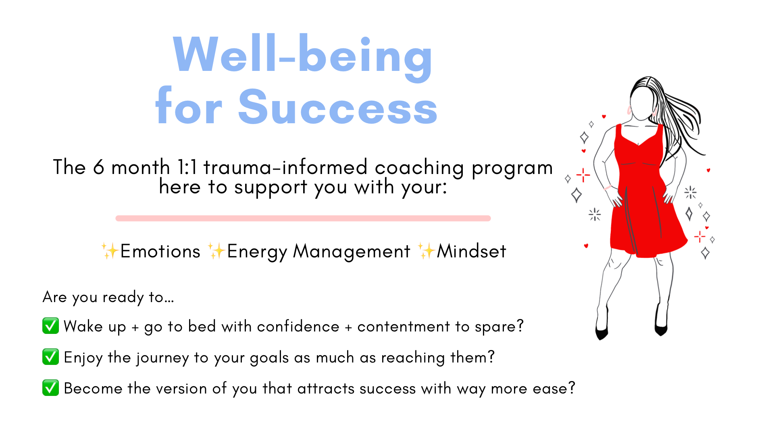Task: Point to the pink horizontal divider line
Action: (x=303, y=218)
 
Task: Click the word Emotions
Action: (x=160, y=251)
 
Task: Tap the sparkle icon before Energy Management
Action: (x=216, y=251)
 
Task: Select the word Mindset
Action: (x=471, y=251)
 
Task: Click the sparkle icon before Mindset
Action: (x=426, y=251)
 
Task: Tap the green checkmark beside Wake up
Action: (x=51, y=325)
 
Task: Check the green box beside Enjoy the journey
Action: (x=51, y=356)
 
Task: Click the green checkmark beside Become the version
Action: (x=51, y=387)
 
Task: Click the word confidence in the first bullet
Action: (x=298, y=326)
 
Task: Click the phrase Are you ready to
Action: (x=103, y=298)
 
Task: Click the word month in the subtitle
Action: (x=141, y=167)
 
